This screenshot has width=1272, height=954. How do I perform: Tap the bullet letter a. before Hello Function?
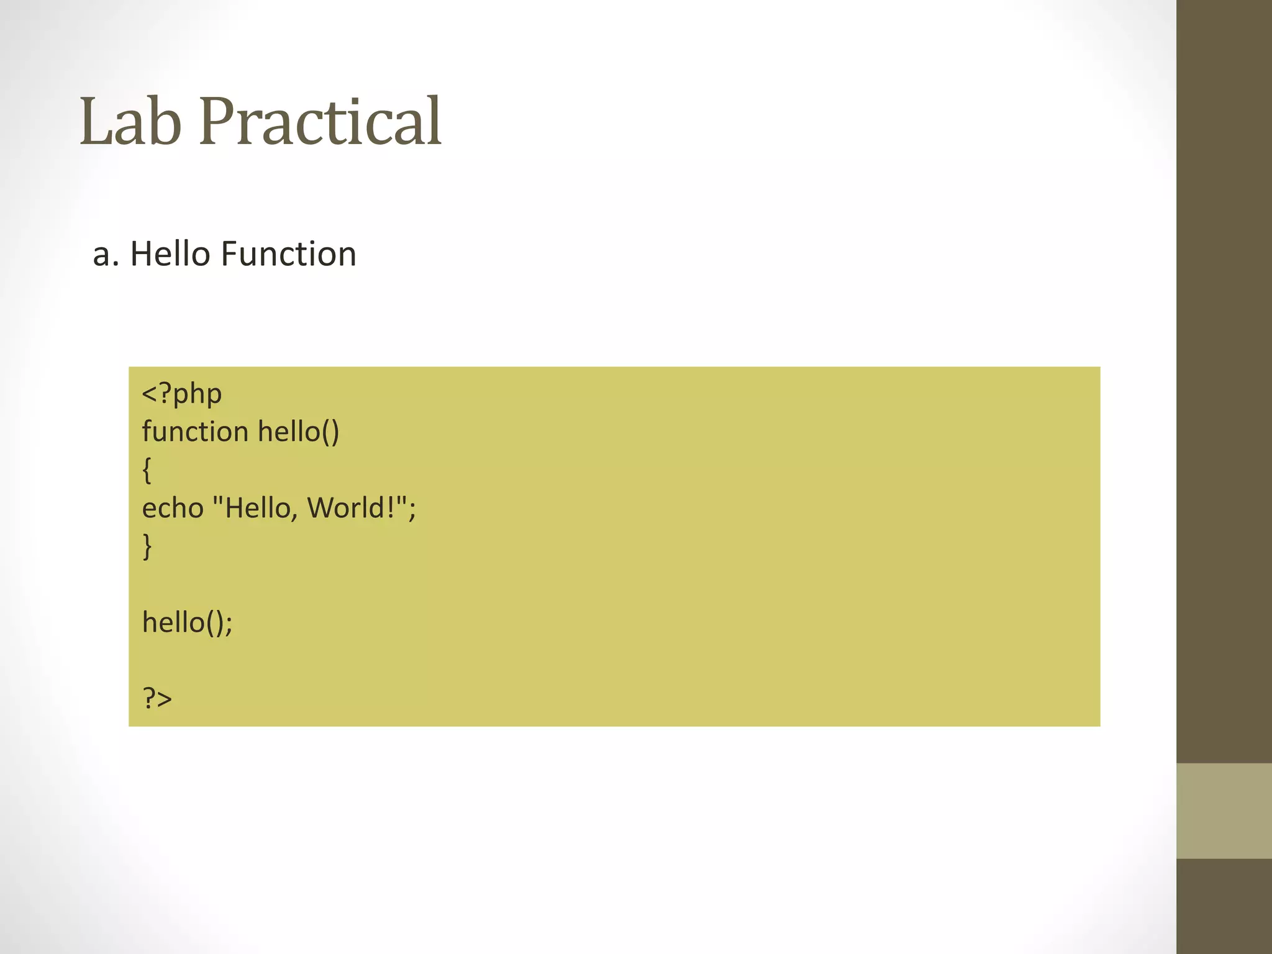point(105,255)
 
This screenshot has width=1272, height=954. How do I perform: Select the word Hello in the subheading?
point(170,254)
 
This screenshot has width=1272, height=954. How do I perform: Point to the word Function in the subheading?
point(288,254)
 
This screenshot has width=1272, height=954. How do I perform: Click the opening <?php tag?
point(181,394)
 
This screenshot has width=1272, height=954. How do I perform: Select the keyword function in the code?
point(195,432)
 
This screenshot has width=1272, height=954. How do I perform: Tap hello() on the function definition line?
point(298,432)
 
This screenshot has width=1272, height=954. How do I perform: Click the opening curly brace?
point(147,470)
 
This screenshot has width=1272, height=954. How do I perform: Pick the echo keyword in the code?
point(173,508)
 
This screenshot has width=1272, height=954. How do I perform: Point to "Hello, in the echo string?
point(256,508)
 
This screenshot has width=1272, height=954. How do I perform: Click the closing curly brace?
point(147,547)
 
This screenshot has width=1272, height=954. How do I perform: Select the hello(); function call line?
point(187,622)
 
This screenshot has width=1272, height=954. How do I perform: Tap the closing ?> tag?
point(157,699)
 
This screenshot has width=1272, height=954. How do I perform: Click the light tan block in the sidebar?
point(1224,811)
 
